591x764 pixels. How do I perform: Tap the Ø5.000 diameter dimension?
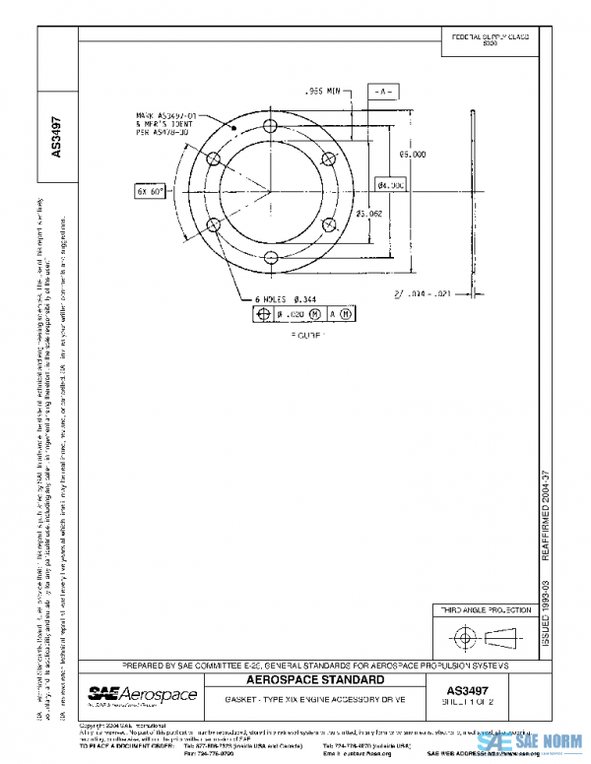point(413,155)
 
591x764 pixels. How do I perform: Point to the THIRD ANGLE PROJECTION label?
point(483,610)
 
